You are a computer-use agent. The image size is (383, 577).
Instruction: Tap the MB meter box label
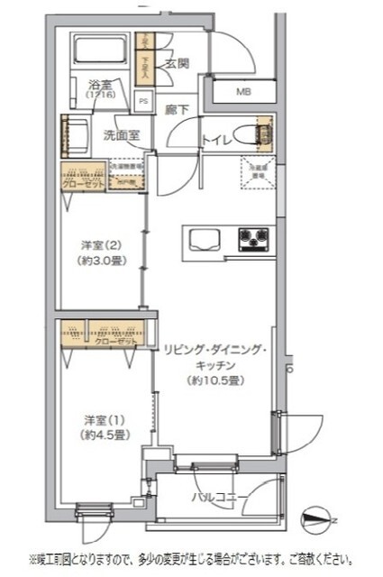[244, 91]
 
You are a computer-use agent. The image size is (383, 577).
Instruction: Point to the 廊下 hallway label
[177, 109]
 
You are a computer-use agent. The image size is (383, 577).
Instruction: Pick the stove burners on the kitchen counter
[253, 239]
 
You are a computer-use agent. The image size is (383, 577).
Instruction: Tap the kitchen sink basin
[204, 239]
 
